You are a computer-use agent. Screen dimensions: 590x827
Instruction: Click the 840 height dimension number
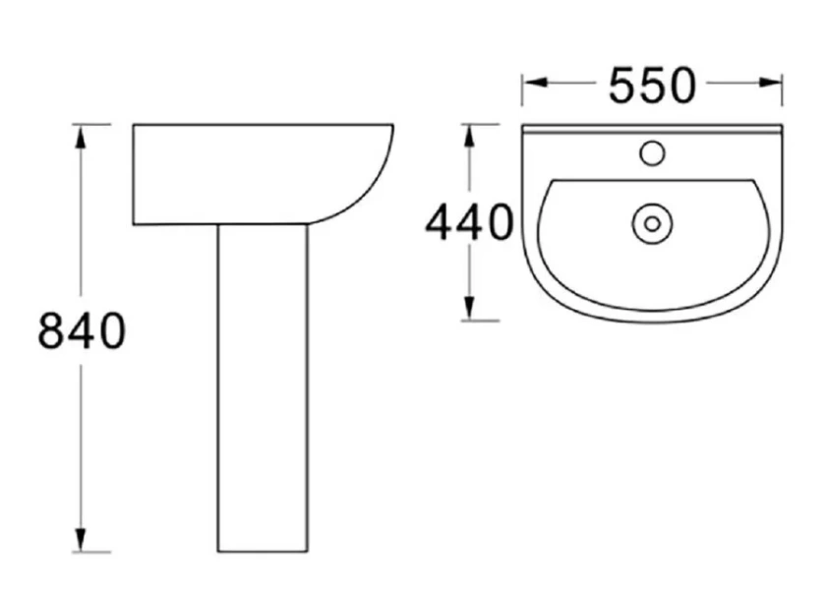coord(82,331)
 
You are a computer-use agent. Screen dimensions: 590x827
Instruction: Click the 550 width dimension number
coord(651,87)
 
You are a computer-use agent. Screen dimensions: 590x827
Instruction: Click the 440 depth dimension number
coord(468,223)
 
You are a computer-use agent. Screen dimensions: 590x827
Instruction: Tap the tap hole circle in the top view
coord(651,152)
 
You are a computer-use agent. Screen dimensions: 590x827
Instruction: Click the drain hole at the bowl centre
coord(651,223)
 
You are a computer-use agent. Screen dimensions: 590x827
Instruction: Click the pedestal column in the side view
coord(262,393)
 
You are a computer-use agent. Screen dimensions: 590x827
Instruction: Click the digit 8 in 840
coord(51,331)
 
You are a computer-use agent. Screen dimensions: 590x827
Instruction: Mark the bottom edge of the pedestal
coord(262,551)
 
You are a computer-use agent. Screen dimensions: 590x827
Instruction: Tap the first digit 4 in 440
coord(439,223)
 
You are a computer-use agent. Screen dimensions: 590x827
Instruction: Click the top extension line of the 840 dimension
coord(93,124)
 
